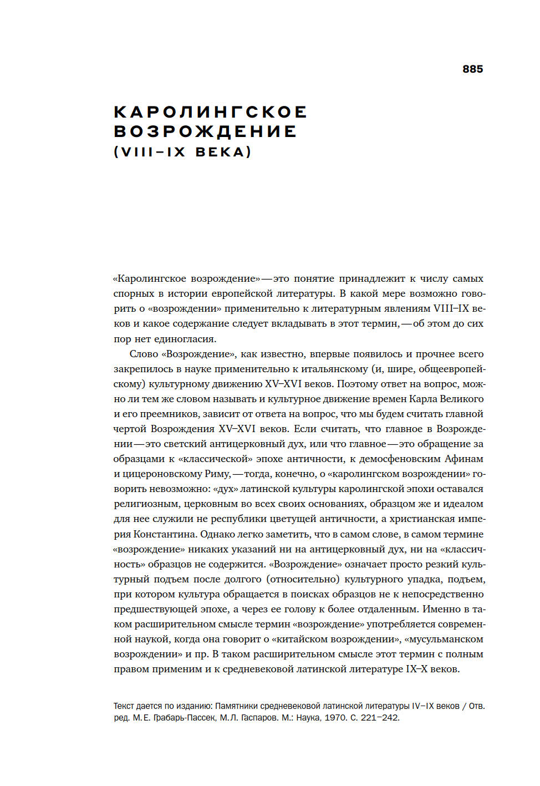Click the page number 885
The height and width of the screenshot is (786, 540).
click(472, 69)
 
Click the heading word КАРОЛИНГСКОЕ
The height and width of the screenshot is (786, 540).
click(210, 112)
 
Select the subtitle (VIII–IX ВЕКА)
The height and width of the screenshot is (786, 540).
click(182, 152)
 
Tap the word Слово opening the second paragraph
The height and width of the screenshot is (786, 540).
click(144, 354)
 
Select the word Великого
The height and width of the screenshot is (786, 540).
click(462, 399)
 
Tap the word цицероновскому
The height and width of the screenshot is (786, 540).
click(162, 474)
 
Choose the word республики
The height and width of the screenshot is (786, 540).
click(241, 519)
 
